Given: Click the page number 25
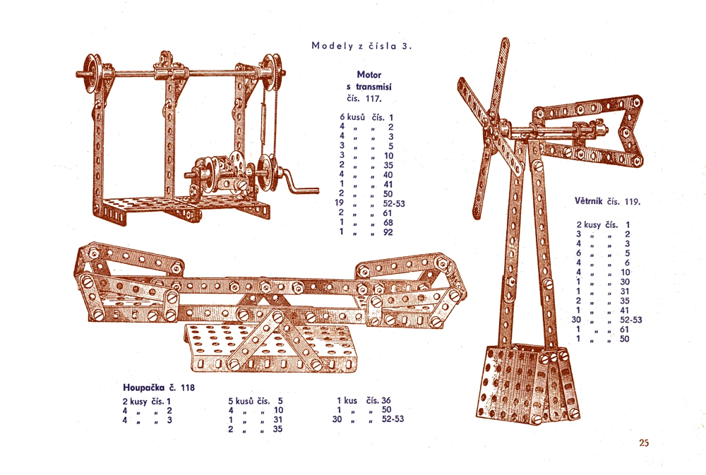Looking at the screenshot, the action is [x=644, y=443].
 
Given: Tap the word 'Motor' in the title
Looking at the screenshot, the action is [x=369, y=75].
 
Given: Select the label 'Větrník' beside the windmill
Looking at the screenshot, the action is [x=589, y=201].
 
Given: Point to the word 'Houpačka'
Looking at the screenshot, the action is [x=144, y=387].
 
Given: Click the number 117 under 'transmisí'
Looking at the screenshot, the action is [x=373, y=99].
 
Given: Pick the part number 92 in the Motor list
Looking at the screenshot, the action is [x=388, y=232].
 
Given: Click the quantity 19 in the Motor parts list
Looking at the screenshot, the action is [x=339, y=203].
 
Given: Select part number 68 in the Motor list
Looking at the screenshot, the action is [x=388, y=222].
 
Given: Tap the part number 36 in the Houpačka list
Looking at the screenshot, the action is [x=386, y=400].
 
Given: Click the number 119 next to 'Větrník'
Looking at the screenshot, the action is [x=632, y=202].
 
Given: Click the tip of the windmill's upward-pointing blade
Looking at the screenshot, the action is [x=506, y=40].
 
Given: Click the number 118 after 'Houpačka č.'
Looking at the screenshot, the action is [x=188, y=387].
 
